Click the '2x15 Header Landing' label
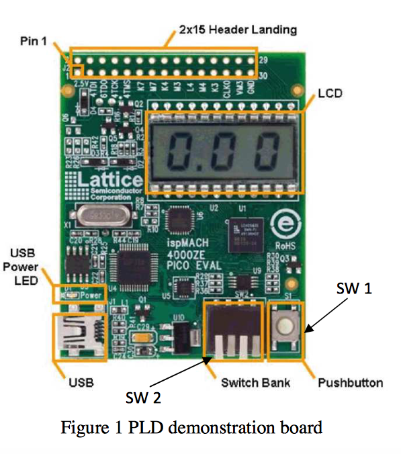point(238,30)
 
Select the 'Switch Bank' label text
point(255,383)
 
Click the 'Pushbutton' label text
point(350,383)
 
